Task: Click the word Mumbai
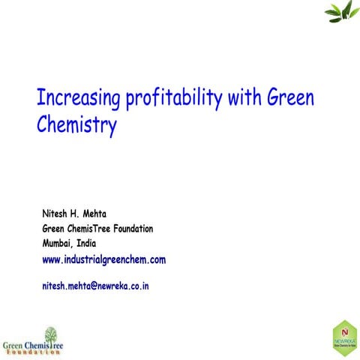point(58,244)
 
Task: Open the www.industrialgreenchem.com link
point(103,259)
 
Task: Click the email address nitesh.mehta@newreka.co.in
point(96,286)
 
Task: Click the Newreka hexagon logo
point(343,336)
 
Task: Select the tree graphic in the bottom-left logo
point(51,334)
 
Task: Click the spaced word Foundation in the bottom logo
point(34,351)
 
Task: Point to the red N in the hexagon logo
point(343,331)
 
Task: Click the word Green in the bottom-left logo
point(14,344)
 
